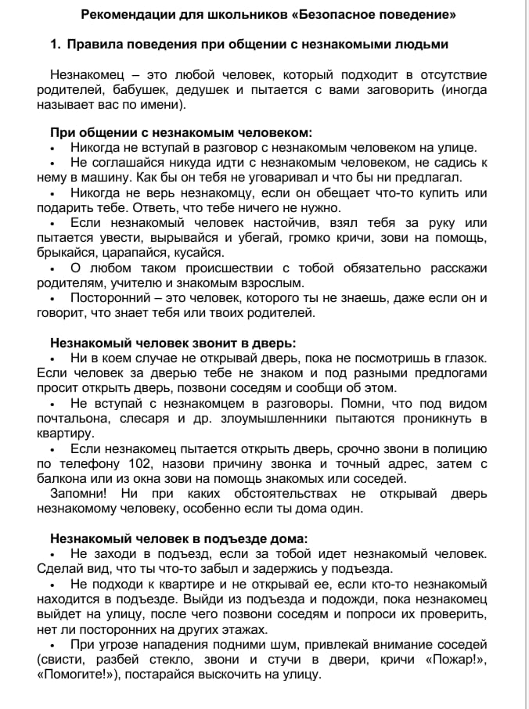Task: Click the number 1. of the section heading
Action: click(x=56, y=45)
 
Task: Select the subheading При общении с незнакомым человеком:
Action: click(x=181, y=132)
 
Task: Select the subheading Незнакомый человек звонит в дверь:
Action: click(x=173, y=343)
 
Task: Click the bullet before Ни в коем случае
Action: click(x=52, y=358)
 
